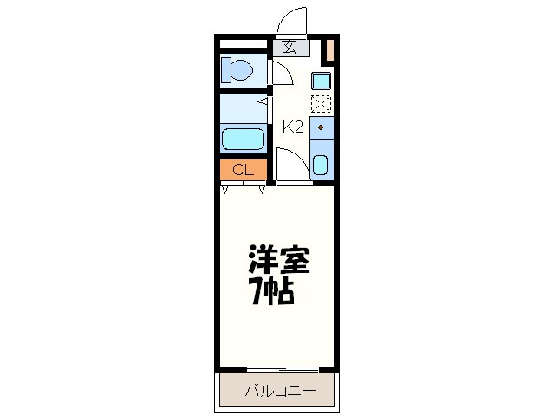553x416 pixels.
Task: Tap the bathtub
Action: point(243,139)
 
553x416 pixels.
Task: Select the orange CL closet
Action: point(243,170)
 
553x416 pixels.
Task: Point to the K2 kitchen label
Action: point(293,127)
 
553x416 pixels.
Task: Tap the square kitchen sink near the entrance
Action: point(321,81)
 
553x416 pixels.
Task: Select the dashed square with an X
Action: point(321,105)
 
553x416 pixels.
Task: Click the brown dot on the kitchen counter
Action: point(321,127)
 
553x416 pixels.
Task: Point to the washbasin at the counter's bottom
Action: point(321,164)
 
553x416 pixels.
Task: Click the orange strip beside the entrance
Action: point(329,51)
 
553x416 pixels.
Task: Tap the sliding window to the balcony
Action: point(282,369)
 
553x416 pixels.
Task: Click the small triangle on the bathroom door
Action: point(261,101)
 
